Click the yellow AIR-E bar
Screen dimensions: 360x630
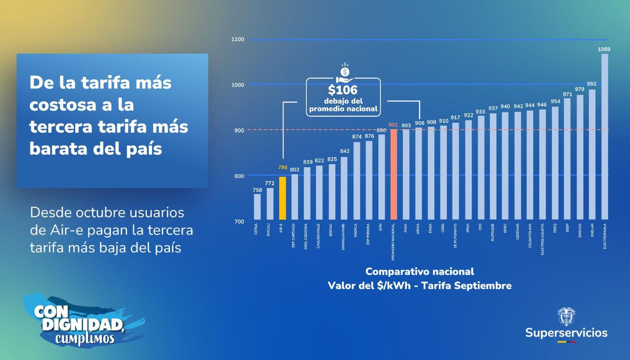[282, 198]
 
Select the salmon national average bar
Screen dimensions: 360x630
[394, 174]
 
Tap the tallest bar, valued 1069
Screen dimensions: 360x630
[604, 136]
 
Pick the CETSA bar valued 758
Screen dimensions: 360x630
[257, 206]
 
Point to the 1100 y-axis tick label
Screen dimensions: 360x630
[238, 39]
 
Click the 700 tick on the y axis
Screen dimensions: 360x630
[239, 222]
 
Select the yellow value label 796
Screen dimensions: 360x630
[283, 167]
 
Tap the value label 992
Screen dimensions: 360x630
[592, 84]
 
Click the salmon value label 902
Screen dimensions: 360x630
[393, 125]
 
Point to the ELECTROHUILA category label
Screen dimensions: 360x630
[605, 236]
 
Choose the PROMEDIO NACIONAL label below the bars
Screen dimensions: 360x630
[393, 242]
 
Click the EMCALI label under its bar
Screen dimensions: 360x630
[268, 230]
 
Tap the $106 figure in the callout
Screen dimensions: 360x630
[343, 90]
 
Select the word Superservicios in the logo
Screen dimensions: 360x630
[566, 333]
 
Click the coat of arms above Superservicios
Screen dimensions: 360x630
[566, 316]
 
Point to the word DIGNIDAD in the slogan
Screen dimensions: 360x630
[82, 325]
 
